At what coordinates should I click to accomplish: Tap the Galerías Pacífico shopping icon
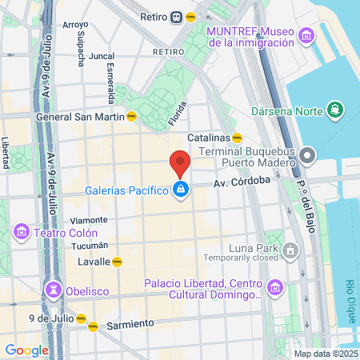pos(182,190)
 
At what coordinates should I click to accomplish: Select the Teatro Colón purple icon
pos(21,233)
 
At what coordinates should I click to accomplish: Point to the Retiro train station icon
pos(174,18)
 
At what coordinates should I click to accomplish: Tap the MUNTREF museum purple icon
pos(304,36)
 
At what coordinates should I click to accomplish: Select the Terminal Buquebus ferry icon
pos(308,152)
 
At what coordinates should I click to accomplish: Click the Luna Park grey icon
pos(290,253)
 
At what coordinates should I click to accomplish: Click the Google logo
pos(26,350)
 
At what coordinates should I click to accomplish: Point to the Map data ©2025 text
pos(326,354)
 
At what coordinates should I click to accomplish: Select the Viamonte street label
pos(89,220)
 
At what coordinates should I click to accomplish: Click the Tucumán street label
pos(89,245)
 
